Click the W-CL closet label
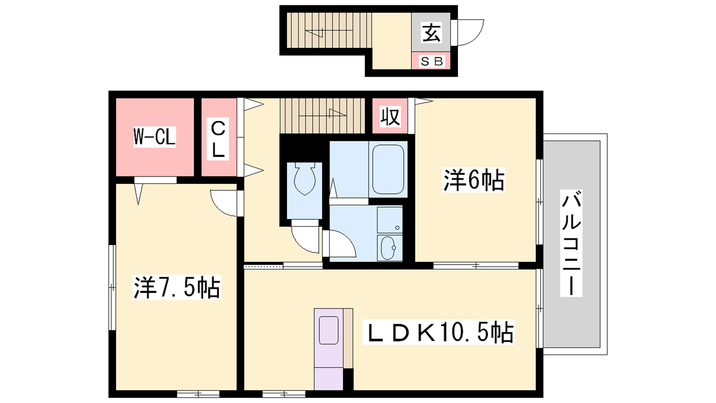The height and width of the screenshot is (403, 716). click(x=154, y=137)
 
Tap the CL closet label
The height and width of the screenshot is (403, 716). click(x=218, y=139)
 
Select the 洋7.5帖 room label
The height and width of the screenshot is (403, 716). click(x=177, y=287)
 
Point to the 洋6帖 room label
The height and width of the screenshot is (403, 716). click(x=474, y=180)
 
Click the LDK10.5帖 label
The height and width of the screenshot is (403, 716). click(x=438, y=332)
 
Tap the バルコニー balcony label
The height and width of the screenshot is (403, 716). click(x=571, y=243)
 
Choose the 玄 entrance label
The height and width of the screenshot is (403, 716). click(x=431, y=32)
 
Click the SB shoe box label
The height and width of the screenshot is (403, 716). click(x=431, y=61)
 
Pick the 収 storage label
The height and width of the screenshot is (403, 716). click(x=390, y=116)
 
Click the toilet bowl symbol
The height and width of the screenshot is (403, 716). click(x=305, y=179)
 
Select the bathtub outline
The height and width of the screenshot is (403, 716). click(x=388, y=169)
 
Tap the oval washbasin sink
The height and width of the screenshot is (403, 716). click(x=388, y=248)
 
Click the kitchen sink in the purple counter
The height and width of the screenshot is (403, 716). click(x=328, y=330)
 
